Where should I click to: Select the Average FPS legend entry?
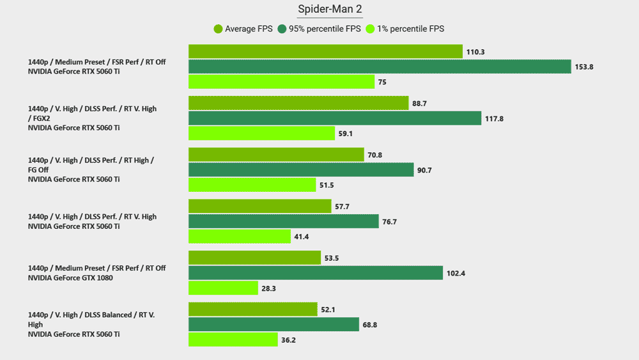(x=243, y=29)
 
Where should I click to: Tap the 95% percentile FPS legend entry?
(x=319, y=29)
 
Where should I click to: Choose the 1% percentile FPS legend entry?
(x=405, y=29)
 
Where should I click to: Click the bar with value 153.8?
(x=380, y=67)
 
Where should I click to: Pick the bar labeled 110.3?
(x=325, y=51)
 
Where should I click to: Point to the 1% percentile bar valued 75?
(x=281, y=82)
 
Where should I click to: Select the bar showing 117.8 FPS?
(x=335, y=118)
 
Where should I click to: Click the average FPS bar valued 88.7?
(x=298, y=103)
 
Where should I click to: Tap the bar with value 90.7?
(x=301, y=169)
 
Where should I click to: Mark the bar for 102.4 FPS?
(x=316, y=273)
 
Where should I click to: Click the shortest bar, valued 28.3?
(x=223, y=288)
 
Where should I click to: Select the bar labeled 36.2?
(x=233, y=340)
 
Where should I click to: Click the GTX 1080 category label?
(x=96, y=273)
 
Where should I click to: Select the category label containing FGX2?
(x=92, y=118)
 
